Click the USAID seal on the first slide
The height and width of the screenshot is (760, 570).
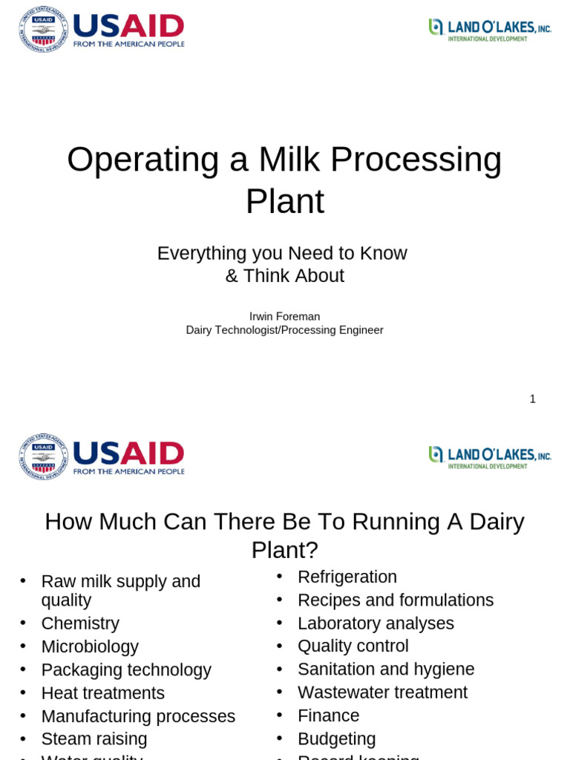pyautogui.click(x=43, y=30)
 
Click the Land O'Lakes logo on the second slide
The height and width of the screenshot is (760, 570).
pyautogui.click(x=490, y=456)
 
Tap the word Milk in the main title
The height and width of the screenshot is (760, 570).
pyautogui.click(x=289, y=159)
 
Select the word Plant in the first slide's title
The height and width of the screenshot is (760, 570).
pyautogui.click(x=285, y=201)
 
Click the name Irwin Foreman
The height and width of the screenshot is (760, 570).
pyautogui.click(x=285, y=316)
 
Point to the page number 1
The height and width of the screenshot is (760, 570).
pyautogui.click(x=532, y=399)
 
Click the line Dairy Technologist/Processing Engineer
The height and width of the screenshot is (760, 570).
pyautogui.click(x=285, y=330)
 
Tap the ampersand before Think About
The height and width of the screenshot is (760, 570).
pyautogui.click(x=232, y=276)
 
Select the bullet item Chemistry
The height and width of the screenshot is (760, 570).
pyautogui.click(x=80, y=623)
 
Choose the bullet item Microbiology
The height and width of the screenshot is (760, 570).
pyautogui.click(x=90, y=646)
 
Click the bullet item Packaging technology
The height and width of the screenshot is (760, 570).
pyautogui.click(x=126, y=670)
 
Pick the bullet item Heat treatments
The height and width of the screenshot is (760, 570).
pyautogui.click(x=103, y=693)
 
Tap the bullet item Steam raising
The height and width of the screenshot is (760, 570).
pyautogui.click(x=94, y=739)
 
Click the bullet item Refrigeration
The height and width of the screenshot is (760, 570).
pyautogui.click(x=347, y=577)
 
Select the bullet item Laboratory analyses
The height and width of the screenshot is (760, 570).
pyautogui.click(x=376, y=623)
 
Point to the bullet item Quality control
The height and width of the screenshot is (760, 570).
pyautogui.click(x=353, y=646)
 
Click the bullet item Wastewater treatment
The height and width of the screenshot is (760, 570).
pyautogui.click(x=382, y=692)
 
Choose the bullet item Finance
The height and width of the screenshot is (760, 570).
pyautogui.click(x=328, y=715)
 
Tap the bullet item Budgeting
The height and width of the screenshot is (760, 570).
pyautogui.click(x=337, y=739)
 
